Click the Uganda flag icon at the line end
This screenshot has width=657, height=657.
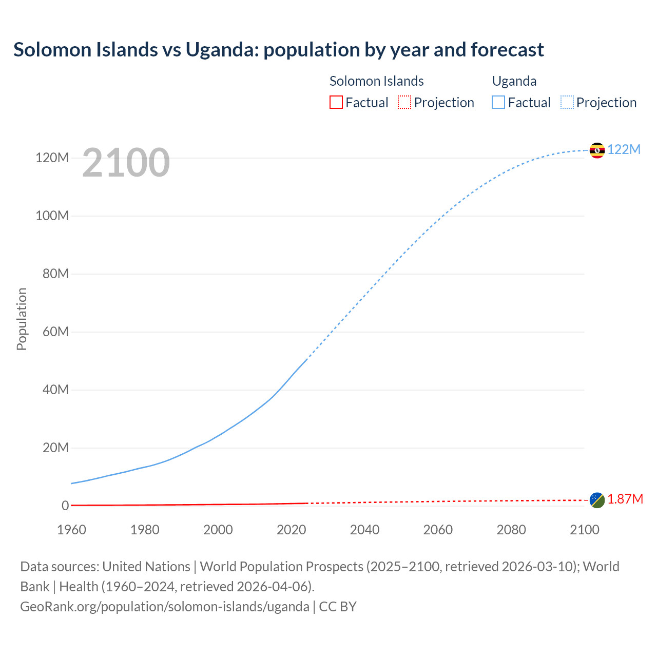597,150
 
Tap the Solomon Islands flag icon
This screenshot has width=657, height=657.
597,500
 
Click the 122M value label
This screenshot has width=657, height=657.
624,149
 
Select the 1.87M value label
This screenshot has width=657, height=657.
625,499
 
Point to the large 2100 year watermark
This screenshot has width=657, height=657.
126,162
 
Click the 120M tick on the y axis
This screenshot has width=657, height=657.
52,158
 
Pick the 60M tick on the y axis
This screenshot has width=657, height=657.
55,332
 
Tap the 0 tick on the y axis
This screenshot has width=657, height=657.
65,506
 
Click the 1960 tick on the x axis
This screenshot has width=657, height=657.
71,530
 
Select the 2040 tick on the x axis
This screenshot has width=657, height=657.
364,530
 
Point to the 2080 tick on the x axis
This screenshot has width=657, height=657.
511,530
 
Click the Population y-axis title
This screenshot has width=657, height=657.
22,319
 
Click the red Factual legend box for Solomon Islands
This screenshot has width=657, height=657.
336,103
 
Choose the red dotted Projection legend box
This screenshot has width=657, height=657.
404,103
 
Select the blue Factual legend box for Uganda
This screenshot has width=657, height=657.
498,103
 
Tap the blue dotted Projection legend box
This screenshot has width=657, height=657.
567,103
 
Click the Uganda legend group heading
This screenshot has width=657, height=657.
514,81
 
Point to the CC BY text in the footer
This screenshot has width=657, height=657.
338,607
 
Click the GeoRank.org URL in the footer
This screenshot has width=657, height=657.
164,607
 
